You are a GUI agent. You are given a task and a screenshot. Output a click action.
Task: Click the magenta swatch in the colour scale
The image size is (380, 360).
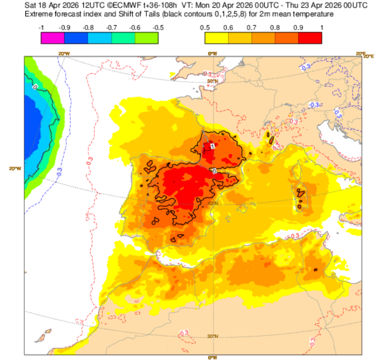[x=53, y=38]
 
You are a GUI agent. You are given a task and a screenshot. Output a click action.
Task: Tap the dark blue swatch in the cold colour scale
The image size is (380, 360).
[x=76, y=38]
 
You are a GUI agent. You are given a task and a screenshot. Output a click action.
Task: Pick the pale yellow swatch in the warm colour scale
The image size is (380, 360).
[x=217, y=38]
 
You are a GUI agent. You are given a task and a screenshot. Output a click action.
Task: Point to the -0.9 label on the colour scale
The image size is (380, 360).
[x=65, y=27]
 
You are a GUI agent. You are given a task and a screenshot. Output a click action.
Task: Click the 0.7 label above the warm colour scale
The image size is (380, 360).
[x=252, y=27]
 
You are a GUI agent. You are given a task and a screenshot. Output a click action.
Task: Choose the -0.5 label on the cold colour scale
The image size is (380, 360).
[x=158, y=27]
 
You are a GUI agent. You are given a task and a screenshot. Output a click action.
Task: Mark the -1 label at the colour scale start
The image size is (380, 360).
[x=41, y=27]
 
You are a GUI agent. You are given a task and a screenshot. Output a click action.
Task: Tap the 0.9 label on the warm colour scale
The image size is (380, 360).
[x=298, y=27]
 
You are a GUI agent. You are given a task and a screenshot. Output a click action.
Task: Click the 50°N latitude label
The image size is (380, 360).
[x=212, y=81]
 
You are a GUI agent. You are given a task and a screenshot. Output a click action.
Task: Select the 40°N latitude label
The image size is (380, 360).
[x=212, y=203]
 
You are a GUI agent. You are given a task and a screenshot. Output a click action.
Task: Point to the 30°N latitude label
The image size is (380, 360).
[x=212, y=336]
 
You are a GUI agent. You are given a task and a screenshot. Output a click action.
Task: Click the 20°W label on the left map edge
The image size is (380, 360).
[x=15, y=169]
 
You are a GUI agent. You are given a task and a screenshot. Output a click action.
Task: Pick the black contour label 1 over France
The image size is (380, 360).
[x=213, y=146]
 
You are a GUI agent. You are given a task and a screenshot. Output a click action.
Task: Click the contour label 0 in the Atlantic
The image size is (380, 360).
[x=35, y=86]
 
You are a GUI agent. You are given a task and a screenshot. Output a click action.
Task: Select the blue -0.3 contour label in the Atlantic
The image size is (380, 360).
[x=59, y=171]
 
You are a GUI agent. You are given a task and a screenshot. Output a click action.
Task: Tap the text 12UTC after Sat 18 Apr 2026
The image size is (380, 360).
[x=79, y=5]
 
